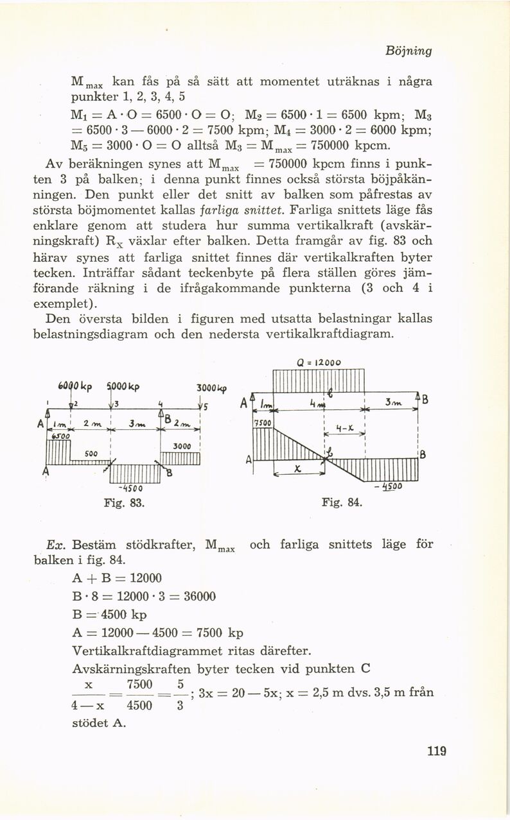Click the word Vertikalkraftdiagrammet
pyautogui.click(x=146, y=651)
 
